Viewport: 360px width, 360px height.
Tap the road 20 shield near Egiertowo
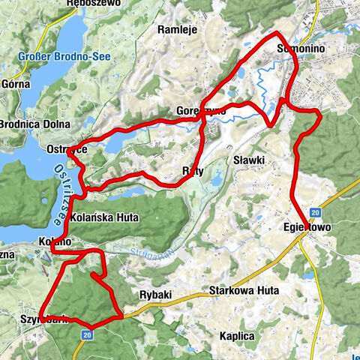point(316,212)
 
